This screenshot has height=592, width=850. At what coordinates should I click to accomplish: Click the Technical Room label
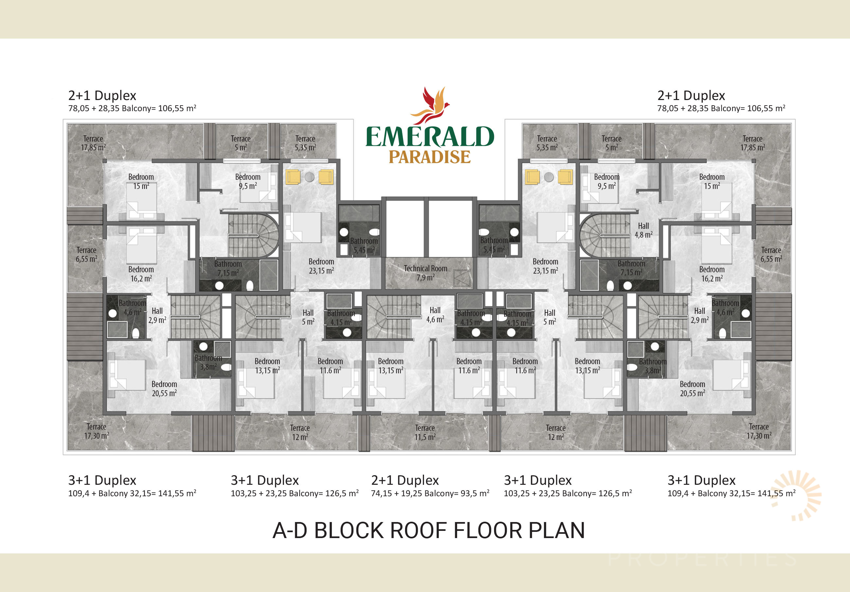(x=425, y=268)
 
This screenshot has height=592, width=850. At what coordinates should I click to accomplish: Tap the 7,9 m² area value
(x=425, y=278)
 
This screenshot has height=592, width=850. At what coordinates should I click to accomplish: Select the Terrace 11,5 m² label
(x=425, y=432)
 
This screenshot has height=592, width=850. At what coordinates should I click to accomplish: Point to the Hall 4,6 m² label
(x=435, y=315)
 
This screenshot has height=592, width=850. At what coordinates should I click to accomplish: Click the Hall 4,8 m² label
(x=644, y=230)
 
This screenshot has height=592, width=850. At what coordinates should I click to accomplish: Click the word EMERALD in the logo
(x=430, y=137)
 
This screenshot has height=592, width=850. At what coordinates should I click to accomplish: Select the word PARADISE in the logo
(x=430, y=157)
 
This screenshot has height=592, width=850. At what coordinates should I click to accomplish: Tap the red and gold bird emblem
(x=430, y=106)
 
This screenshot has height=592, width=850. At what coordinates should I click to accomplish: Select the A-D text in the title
(x=290, y=531)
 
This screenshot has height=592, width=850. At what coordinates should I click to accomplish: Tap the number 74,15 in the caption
(x=381, y=494)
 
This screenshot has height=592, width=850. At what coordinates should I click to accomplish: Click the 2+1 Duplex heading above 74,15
(x=405, y=480)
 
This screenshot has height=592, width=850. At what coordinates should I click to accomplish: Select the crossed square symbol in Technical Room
(x=462, y=278)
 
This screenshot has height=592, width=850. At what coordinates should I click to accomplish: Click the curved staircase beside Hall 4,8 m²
(x=605, y=235)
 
